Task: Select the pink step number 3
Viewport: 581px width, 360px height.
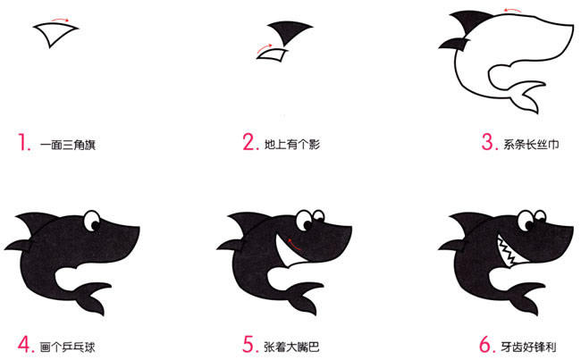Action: click(488, 141)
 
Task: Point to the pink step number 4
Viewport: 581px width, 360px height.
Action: click(24, 342)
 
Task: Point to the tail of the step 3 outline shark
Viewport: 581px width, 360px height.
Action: click(526, 96)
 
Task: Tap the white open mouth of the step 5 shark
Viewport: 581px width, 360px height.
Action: click(287, 253)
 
